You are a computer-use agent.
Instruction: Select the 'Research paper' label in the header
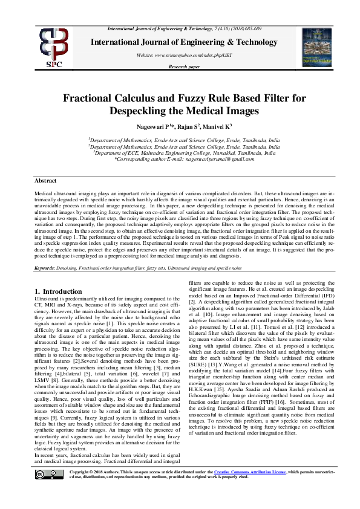[184, 66]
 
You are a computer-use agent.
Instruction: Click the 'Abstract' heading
[45, 181]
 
